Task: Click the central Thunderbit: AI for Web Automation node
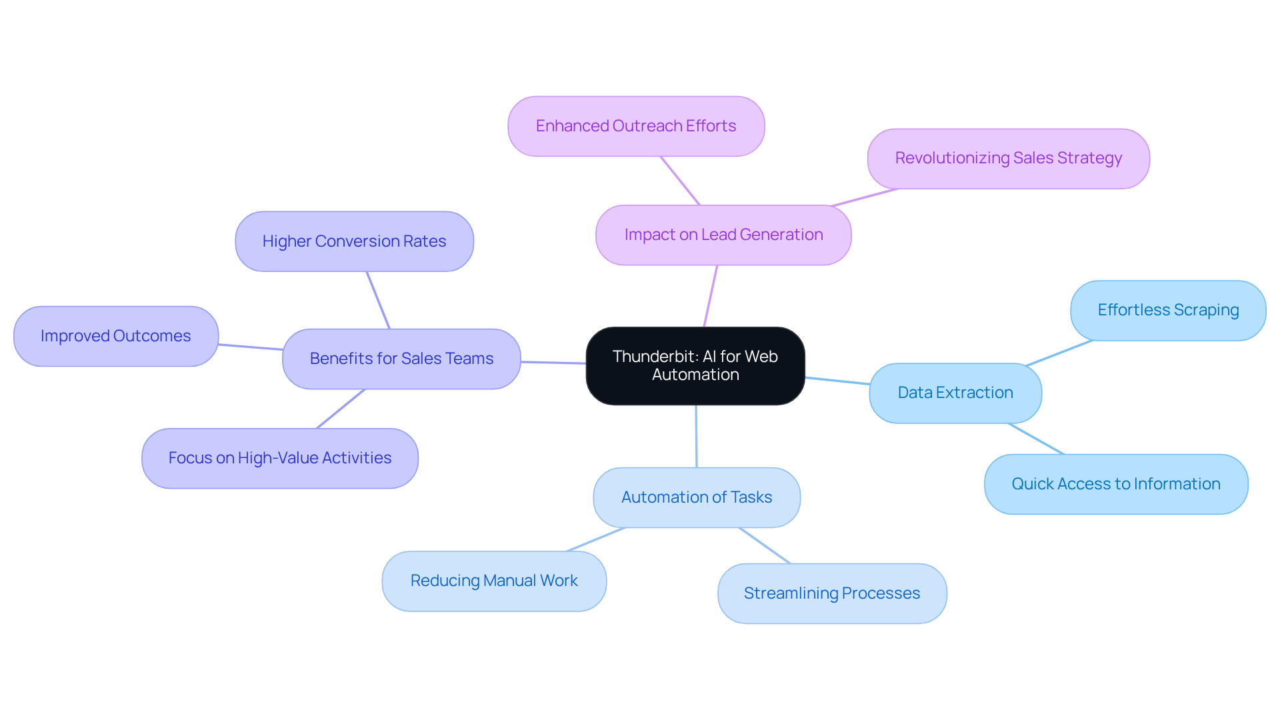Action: point(695,366)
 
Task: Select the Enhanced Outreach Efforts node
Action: point(636,126)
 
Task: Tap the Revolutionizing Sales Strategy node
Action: point(1008,159)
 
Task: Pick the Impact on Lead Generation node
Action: point(723,235)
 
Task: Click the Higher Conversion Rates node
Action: point(354,241)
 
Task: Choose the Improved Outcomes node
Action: point(116,336)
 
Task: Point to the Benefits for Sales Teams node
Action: point(401,359)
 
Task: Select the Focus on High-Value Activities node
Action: point(280,458)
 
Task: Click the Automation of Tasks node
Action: point(697,497)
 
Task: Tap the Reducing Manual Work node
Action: point(494,581)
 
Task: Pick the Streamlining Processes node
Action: point(832,593)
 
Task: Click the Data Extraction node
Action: point(955,393)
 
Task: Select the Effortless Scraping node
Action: point(1168,310)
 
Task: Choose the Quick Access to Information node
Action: point(1116,484)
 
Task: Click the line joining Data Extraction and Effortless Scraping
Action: point(1059,353)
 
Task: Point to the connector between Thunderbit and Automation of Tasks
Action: point(696,436)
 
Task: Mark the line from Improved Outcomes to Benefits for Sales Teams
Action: point(251,347)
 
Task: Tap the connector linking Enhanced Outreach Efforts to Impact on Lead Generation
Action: point(680,181)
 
